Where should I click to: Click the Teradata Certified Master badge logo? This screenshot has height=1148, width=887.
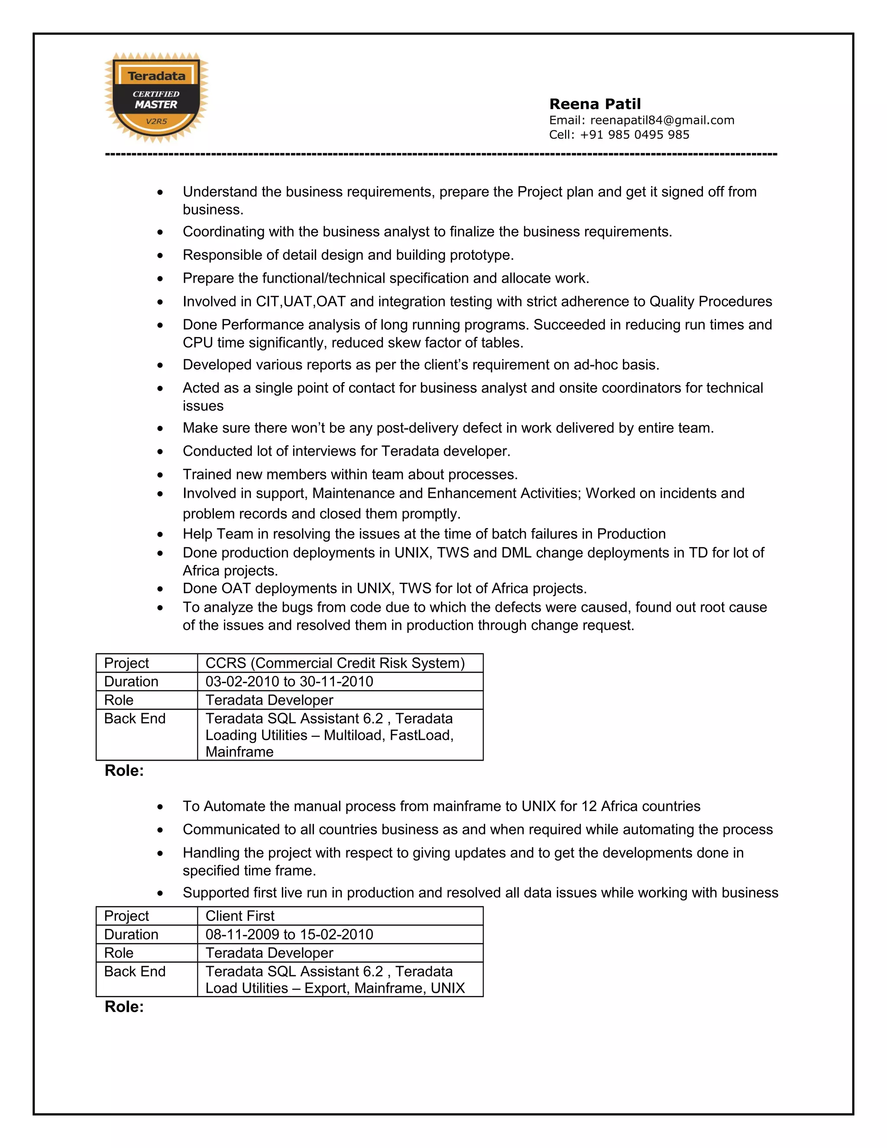point(156,98)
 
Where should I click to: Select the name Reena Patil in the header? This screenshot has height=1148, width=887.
point(595,104)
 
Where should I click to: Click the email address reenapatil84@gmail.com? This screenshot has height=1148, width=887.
point(662,120)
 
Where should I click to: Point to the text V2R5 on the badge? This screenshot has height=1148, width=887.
point(156,121)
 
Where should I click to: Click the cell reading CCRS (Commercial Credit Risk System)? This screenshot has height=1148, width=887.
point(335,663)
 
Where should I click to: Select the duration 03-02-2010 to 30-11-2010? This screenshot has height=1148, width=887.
point(289,681)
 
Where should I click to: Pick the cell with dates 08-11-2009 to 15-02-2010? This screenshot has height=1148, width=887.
point(289,934)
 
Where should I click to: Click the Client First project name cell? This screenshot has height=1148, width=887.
point(240,916)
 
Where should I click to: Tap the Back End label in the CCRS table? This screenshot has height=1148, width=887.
point(135,719)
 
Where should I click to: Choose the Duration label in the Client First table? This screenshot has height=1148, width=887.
point(131,934)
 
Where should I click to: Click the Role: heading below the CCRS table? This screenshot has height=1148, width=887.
point(124,771)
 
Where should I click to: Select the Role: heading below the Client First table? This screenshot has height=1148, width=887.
point(124,1007)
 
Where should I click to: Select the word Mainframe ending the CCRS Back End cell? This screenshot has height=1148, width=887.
point(239,752)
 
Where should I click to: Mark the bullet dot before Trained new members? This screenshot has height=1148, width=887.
point(160,475)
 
